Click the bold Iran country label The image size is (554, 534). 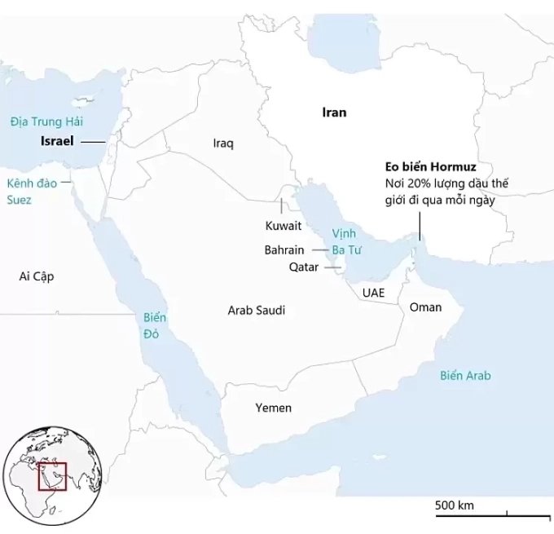click(x=334, y=113)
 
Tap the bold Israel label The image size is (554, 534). click(x=57, y=141)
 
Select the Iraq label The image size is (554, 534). click(x=223, y=143)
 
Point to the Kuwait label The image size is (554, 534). click(x=284, y=225)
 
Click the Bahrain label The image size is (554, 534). click(x=284, y=250)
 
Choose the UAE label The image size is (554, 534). click(x=373, y=292)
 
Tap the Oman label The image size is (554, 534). click(x=425, y=307)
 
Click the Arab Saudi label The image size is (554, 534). click(x=257, y=310)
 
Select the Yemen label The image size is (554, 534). click(x=273, y=408)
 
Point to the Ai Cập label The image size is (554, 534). click(x=36, y=276)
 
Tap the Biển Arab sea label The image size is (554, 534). click(x=465, y=376)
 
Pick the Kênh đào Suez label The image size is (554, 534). click(x=31, y=191)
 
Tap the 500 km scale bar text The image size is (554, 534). click(x=454, y=505)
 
